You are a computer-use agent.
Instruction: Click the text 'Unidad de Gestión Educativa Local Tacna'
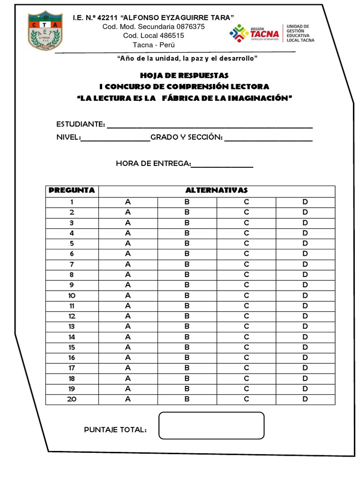click(x=300, y=33)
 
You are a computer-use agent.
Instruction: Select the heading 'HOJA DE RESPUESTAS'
click(x=184, y=75)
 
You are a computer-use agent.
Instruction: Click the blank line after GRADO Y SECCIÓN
click(x=268, y=140)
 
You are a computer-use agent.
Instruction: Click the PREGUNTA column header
click(x=72, y=190)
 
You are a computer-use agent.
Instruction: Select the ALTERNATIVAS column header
click(x=217, y=190)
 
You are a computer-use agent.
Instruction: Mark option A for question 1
click(x=127, y=202)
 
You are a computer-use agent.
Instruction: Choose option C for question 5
click(x=246, y=244)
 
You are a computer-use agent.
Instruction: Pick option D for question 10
click(x=305, y=296)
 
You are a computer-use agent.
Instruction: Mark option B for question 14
click(x=187, y=337)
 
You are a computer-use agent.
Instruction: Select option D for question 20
click(x=305, y=399)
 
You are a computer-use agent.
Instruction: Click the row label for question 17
click(x=72, y=368)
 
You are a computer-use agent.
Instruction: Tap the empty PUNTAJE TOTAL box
click(x=211, y=426)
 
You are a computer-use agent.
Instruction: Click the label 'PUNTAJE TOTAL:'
click(x=115, y=430)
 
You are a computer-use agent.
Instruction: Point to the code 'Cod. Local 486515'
click(x=153, y=36)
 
